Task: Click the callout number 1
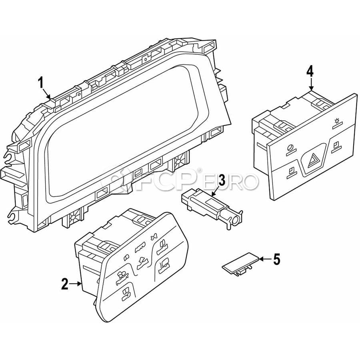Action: pos(41,83)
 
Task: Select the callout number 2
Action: pos(65,284)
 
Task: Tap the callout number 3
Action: pos(222,180)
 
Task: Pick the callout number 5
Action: pos(276,259)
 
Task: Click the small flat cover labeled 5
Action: pos(241,263)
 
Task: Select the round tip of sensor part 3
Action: pos(235,221)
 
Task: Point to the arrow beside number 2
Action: pos(76,284)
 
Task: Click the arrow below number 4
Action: pos(311,84)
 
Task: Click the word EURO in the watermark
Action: pos(230,182)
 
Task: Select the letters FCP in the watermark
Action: pos(167,181)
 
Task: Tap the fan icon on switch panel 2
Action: pos(153,238)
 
